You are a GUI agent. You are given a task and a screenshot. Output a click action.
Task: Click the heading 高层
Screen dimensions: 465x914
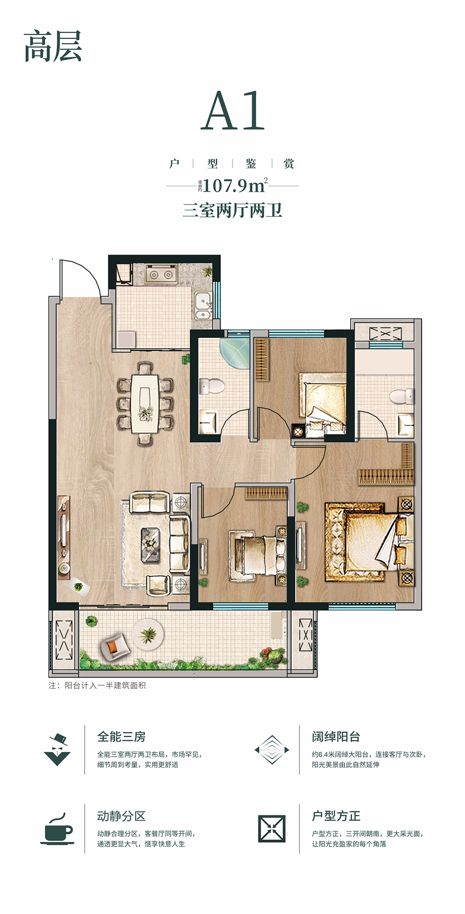coord(53,46)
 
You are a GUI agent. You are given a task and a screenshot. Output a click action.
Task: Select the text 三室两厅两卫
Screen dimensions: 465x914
coord(232,210)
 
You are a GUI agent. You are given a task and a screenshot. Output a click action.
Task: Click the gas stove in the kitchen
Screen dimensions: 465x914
coord(161,274)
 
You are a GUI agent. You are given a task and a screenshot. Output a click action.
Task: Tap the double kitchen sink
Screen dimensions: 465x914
coord(203,306)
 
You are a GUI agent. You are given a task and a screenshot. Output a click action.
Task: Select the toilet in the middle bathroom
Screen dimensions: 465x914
coord(211,386)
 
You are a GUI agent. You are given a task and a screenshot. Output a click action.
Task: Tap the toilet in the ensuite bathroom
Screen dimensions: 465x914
coord(401,397)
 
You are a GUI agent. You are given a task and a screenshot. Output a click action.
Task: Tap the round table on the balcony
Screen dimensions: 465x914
coord(148,634)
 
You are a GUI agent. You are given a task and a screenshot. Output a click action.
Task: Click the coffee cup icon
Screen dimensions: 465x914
coord(57,829)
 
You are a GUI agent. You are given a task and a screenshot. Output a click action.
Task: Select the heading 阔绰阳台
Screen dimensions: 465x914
coord(336,737)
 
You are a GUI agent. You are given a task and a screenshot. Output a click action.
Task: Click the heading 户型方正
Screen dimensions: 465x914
coord(336,816)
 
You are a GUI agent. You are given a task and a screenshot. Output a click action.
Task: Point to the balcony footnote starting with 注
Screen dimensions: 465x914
coord(97,685)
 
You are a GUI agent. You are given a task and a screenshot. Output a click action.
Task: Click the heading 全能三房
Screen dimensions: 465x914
coord(121,737)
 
